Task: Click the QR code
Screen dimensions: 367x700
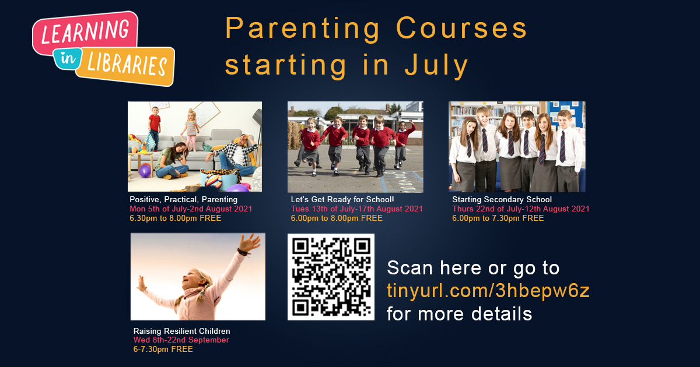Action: point(331,277)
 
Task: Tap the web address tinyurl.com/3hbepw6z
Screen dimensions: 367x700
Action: point(488,291)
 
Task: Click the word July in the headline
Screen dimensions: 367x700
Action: point(437,65)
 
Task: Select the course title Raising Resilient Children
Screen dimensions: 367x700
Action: point(181,331)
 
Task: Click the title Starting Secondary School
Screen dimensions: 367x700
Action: point(502,200)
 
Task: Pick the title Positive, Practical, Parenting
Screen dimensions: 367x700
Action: point(183,200)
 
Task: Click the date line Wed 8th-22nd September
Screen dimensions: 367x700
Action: point(181,340)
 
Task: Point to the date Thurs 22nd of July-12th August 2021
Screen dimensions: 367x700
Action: point(520,209)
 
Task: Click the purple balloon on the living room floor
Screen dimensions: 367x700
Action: point(145,171)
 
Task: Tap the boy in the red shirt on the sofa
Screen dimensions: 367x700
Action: point(154,123)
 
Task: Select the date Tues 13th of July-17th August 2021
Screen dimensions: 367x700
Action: point(356,209)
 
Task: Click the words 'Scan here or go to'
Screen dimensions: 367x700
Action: point(473,268)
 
